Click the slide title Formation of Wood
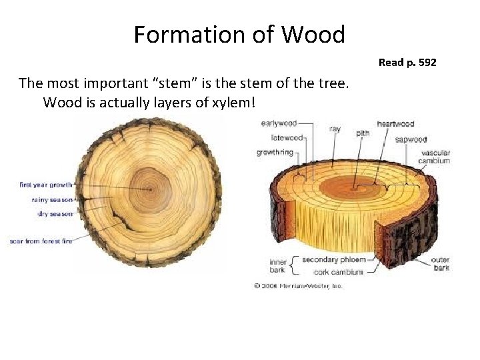click(239, 34)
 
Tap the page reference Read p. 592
click(407, 62)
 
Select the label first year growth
click(46, 185)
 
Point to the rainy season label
click(53, 199)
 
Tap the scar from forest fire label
click(41, 241)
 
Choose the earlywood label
click(278, 123)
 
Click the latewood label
click(287, 138)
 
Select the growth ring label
click(275, 153)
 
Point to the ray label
click(335, 129)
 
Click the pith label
click(362, 133)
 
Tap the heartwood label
click(395, 124)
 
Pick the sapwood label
click(411, 139)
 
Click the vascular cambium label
click(434, 157)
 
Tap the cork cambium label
click(339, 271)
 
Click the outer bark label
click(440, 263)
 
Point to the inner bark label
click(278, 266)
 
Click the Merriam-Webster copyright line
click(297, 285)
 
